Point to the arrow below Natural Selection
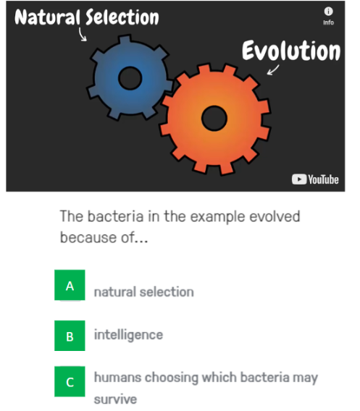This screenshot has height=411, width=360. click(82, 35)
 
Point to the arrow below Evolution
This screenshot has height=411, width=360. click(273, 70)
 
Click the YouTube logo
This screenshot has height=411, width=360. click(315, 179)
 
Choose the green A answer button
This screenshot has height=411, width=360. click(70, 286)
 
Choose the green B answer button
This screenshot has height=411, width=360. click(70, 336)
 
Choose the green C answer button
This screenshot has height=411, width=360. click(70, 381)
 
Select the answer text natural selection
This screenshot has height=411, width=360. click(143, 292)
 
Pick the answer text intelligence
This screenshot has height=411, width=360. click(128, 335)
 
